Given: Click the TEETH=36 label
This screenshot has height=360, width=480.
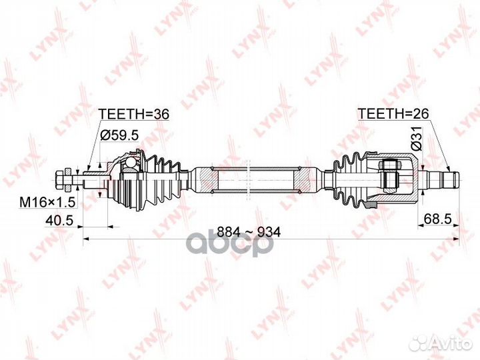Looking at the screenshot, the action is coord(133,114).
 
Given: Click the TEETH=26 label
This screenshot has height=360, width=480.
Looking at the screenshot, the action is coord(393,113).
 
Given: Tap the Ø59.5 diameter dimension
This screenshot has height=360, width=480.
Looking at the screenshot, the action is coord(119,135).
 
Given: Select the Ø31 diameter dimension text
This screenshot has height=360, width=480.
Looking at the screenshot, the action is coord(416,138).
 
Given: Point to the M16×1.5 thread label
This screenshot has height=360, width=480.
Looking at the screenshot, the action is coord(47,201).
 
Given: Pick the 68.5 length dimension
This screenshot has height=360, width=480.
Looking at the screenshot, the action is coord(438,219).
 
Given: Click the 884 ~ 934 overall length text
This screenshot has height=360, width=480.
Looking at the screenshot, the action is coord(249,232).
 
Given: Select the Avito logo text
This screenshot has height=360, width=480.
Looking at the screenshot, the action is coord(452,344).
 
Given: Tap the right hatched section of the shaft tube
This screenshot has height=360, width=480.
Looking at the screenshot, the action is coord(301,179).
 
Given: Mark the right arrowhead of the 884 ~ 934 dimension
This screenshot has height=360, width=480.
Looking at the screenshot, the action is coord(457,238).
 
